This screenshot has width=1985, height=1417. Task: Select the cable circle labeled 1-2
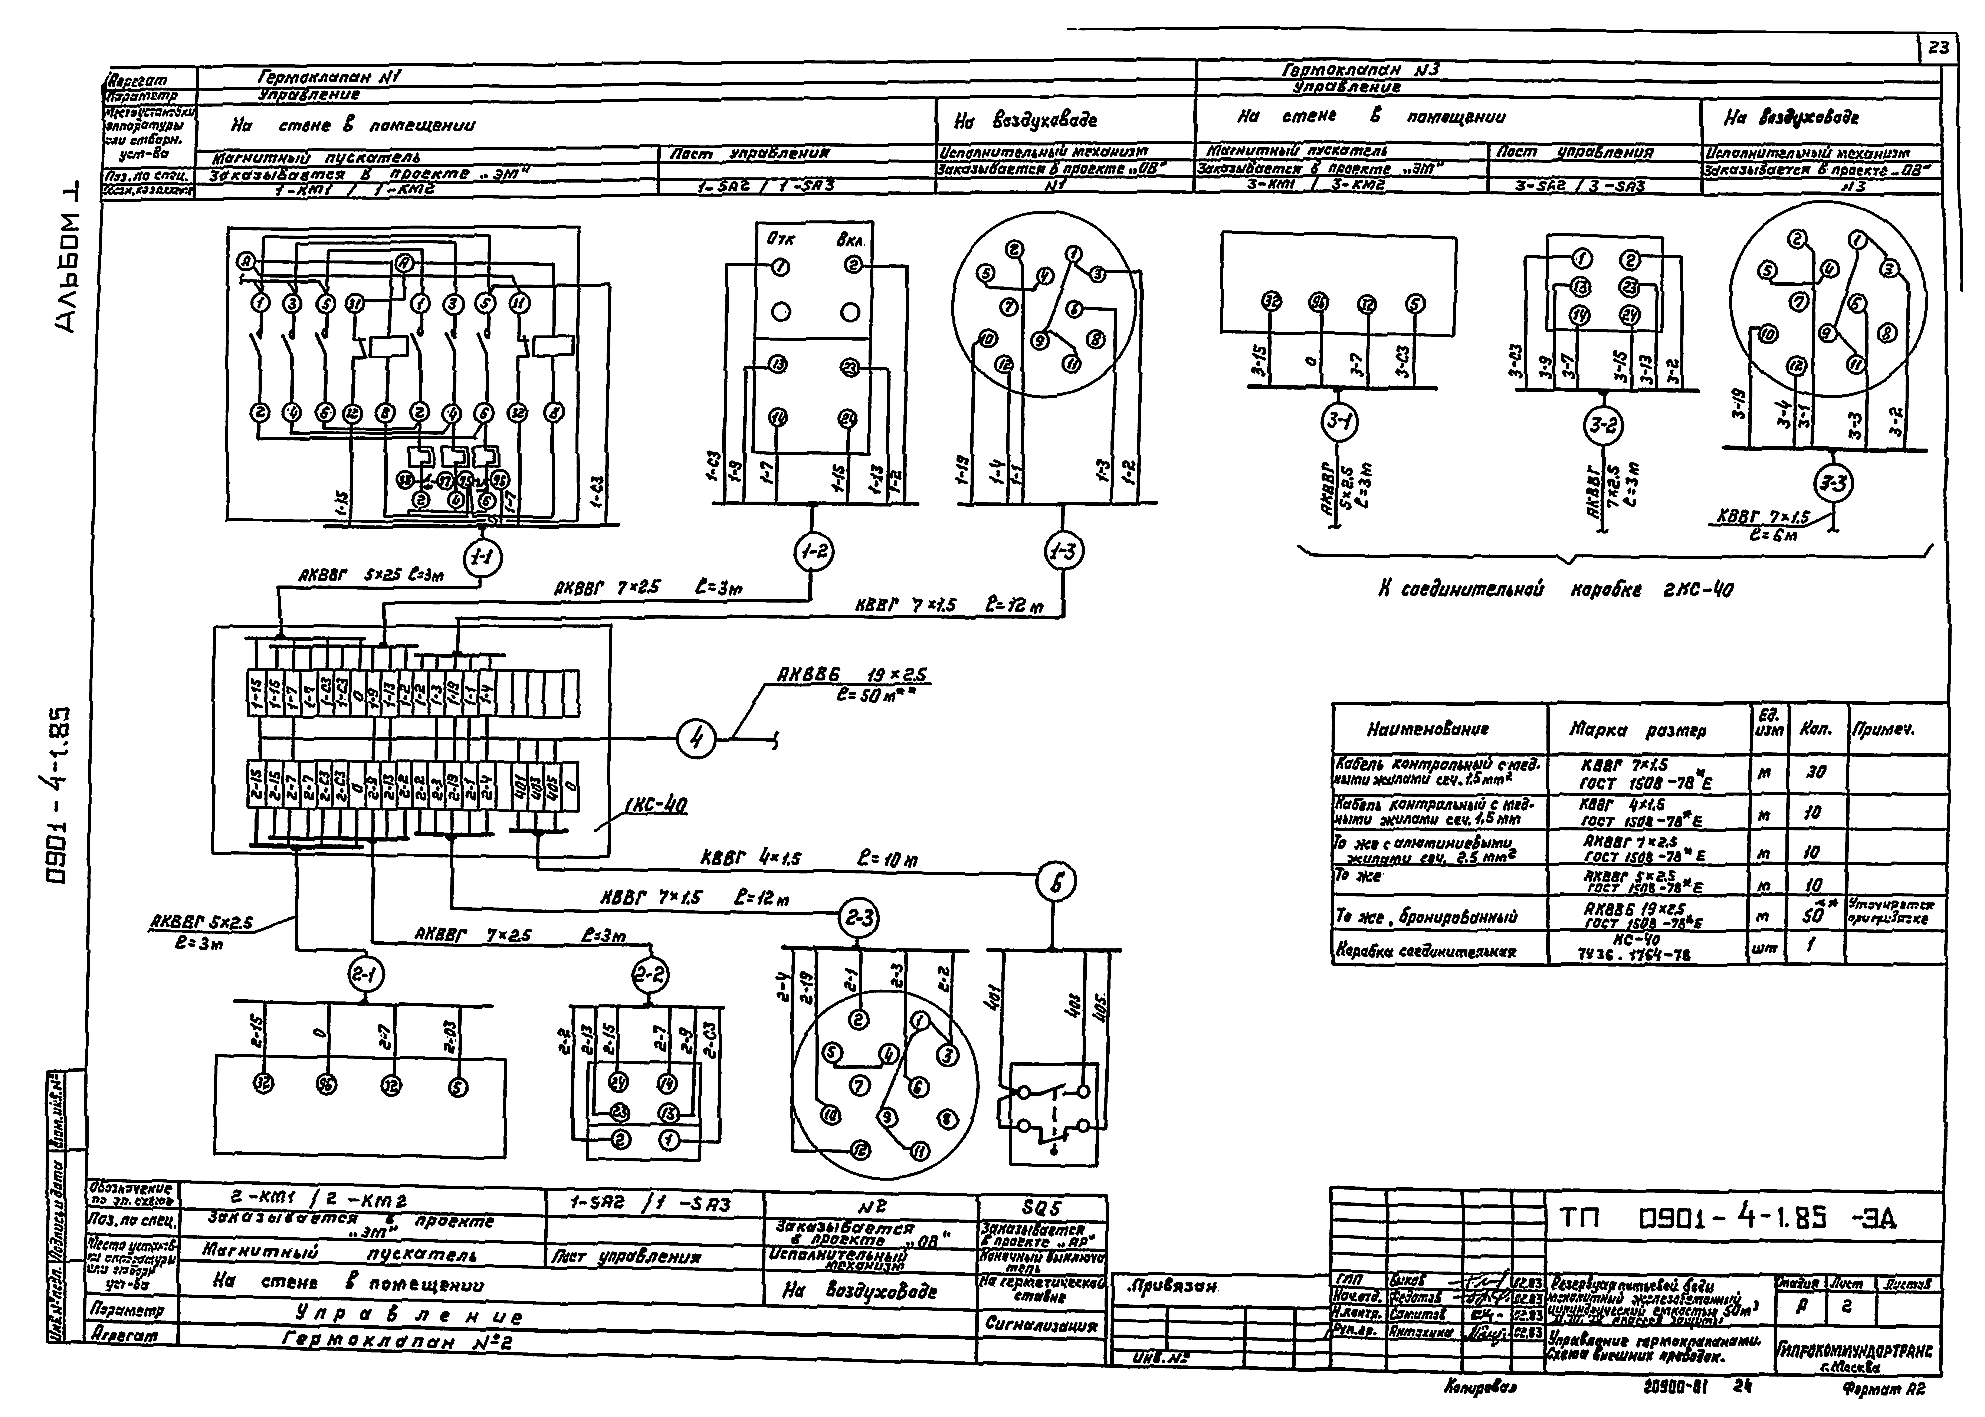[813, 551]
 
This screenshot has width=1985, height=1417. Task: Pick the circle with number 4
[696, 740]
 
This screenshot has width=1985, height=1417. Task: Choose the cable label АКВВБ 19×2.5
[851, 675]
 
